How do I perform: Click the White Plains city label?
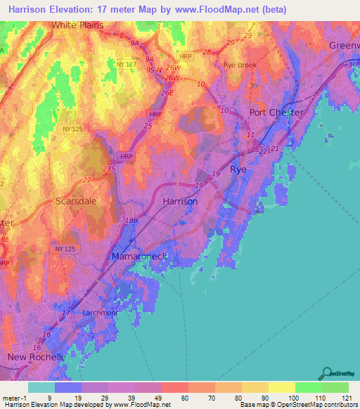(x=77, y=25)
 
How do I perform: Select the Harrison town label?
(x=180, y=201)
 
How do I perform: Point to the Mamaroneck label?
(x=140, y=257)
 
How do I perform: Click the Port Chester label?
(x=277, y=112)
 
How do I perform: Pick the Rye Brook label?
(x=240, y=65)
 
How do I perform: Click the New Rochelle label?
(x=37, y=357)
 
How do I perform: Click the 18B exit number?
(x=131, y=221)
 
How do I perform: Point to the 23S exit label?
(x=108, y=169)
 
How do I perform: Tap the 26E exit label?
(x=167, y=93)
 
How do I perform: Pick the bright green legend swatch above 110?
(x=308, y=387)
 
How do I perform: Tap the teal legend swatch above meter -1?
(x=41, y=387)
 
